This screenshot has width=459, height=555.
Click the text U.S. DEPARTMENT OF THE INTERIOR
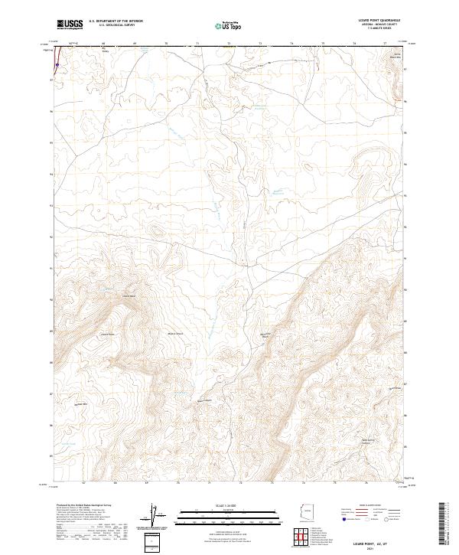(116, 21)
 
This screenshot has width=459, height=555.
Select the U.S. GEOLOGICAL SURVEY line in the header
(111, 25)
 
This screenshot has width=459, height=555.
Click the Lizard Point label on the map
(107, 334)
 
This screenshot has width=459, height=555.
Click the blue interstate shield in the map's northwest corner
(56, 66)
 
